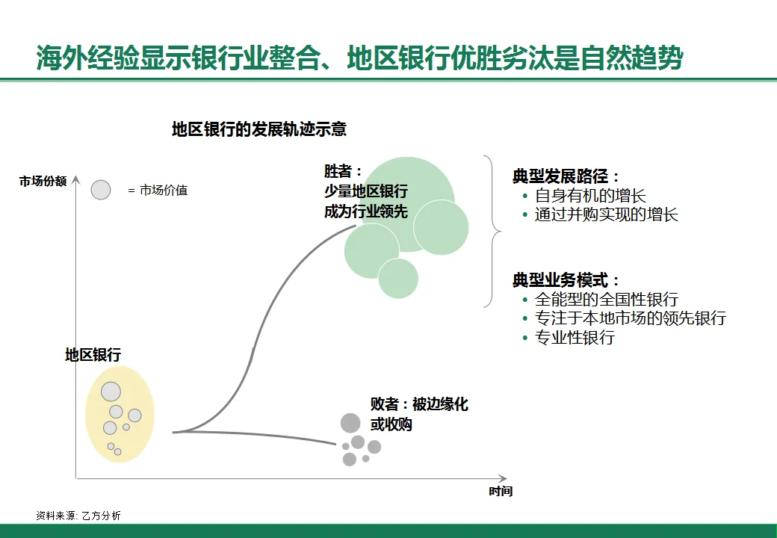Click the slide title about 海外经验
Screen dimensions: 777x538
click(359, 58)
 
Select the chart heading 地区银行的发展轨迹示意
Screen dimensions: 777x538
click(259, 129)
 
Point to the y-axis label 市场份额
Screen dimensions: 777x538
click(43, 181)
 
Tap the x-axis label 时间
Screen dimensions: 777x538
click(501, 491)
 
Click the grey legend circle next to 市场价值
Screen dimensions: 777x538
click(101, 190)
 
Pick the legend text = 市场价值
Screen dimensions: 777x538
click(158, 191)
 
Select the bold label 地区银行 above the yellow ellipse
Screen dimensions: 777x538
click(93, 356)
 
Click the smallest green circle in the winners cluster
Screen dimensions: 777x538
click(398, 278)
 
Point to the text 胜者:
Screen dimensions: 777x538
click(343, 171)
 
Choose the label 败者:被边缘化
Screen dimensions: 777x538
click(419, 404)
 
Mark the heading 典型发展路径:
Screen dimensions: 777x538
click(566, 176)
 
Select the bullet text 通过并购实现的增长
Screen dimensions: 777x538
click(606, 214)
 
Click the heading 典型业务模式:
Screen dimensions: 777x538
click(566, 280)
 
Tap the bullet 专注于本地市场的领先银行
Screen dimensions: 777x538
click(630, 318)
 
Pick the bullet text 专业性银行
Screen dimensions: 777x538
click(575, 337)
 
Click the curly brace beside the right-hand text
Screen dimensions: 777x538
click(492, 231)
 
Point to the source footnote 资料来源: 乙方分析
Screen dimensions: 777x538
click(78, 516)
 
